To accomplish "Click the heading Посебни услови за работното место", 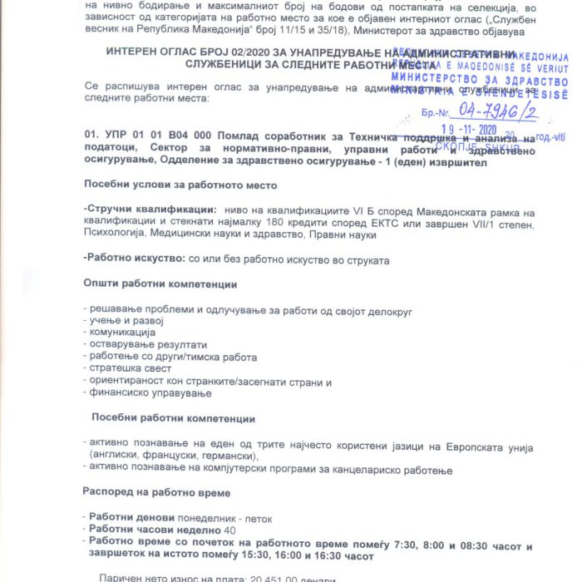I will click(x=180, y=184).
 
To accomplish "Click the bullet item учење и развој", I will click(x=126, y=321).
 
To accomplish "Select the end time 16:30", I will click(x=318, y=555).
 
